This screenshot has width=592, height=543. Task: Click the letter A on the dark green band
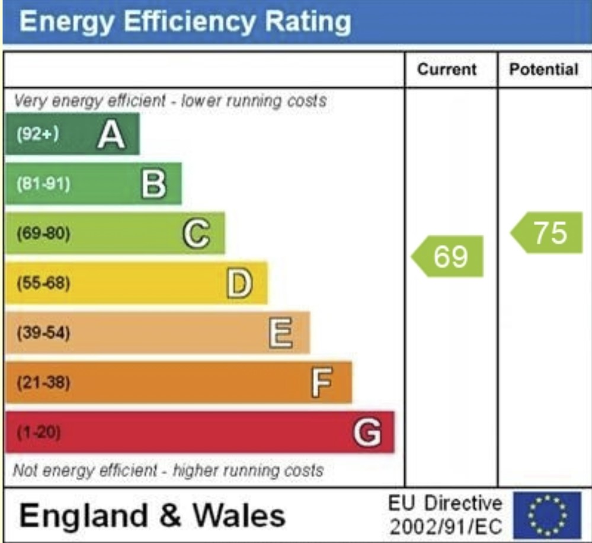coord(111,135)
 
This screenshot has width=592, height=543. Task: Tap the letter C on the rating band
coord(196,234)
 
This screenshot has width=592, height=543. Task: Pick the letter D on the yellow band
coord(239,283)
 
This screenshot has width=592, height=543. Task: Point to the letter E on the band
coord(281,333)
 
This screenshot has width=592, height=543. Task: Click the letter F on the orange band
coord(322,382)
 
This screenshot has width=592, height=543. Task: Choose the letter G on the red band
coord(367,432)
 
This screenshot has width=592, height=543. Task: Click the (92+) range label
coord(37,135)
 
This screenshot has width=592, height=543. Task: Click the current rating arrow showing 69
coord(449,256)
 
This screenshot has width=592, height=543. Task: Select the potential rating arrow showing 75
coord(548,232)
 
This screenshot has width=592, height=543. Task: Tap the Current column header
coord(447,69)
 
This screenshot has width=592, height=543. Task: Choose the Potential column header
coord(544,69)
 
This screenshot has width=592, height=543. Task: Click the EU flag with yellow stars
coord(547,515)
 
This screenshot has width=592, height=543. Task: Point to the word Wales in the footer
coord(239,515)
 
